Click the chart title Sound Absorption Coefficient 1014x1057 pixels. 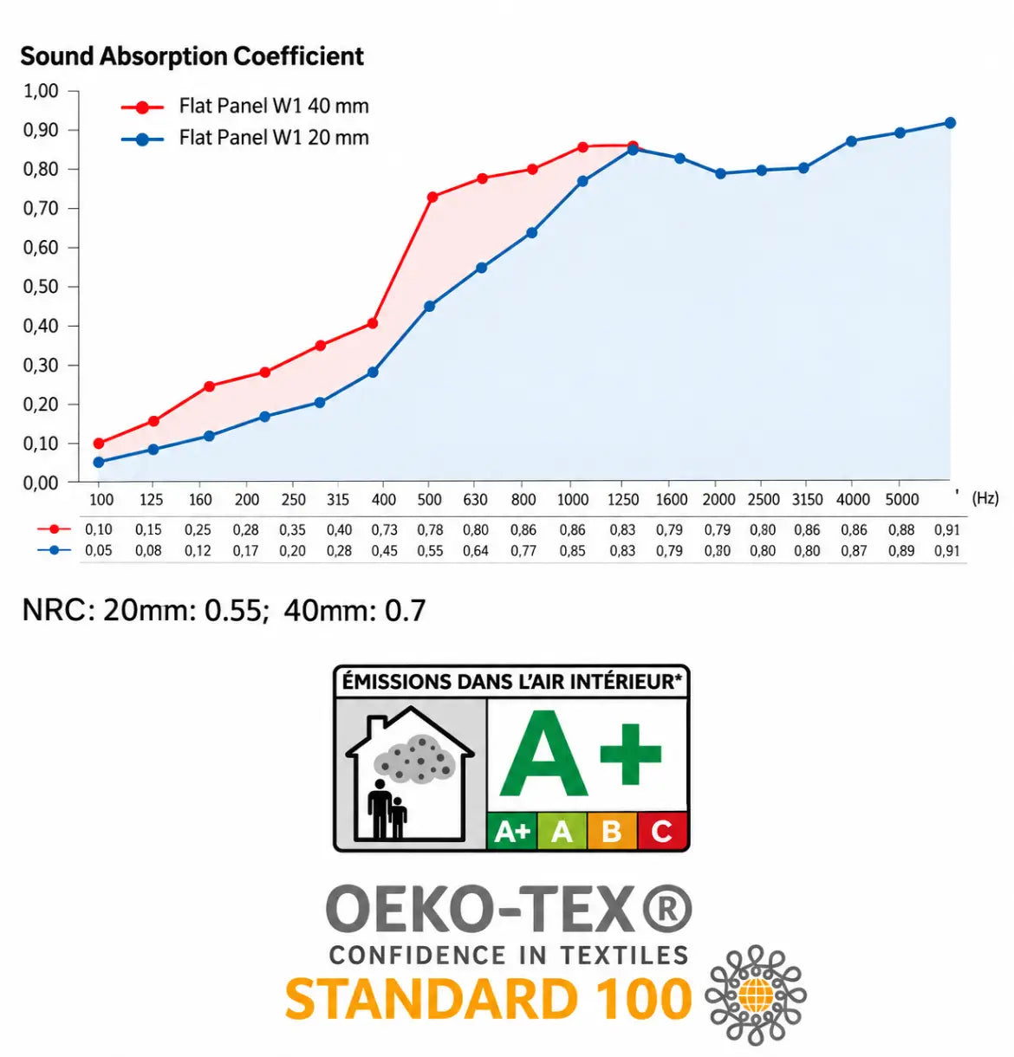192,56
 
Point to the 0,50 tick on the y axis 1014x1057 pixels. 41,287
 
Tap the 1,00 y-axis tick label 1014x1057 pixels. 41,91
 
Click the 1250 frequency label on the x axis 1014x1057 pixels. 623,500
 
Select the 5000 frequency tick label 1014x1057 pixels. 901,500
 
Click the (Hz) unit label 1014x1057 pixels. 985,498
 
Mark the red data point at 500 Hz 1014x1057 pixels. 432,198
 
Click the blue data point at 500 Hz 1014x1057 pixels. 429,307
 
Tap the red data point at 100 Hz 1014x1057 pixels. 99,444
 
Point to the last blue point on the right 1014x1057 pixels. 950,123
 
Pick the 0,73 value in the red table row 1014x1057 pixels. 384,529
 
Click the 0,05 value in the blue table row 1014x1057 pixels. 98,550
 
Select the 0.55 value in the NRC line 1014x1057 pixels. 234,611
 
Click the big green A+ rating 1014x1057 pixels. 581,754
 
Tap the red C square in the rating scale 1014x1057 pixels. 662,831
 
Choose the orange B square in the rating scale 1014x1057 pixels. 612,831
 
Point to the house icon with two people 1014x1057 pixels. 410,774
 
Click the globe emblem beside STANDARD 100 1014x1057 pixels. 756,995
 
